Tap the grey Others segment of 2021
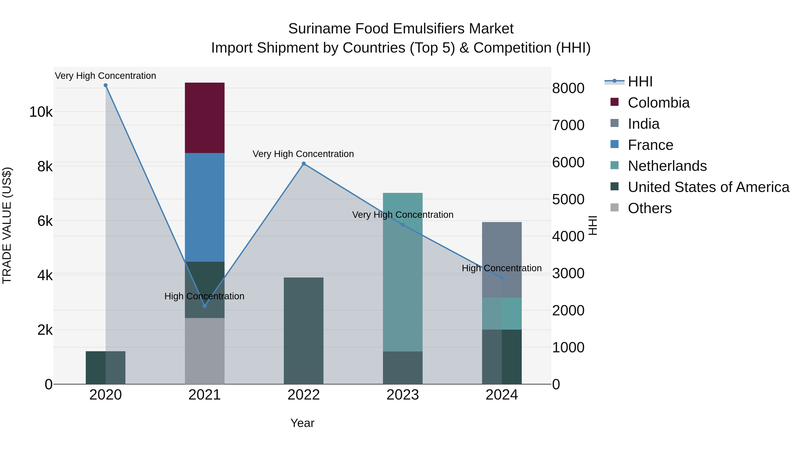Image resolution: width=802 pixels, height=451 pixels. (x=205, y=351)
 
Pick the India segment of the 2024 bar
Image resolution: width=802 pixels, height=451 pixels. (x=501, y=260)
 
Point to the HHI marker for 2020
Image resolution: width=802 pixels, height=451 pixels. (x=106, y=85)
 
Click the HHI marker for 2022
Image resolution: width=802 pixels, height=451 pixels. (x=304, y=164)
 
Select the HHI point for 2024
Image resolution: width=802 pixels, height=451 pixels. (x=501, y=278)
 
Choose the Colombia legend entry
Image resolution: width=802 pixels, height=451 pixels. (x=659, y=103)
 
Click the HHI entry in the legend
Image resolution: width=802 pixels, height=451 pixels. (x=640, y=82)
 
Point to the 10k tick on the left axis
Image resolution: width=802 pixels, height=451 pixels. (x=41, y=112)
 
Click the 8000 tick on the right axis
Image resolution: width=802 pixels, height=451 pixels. (x=568, y=88)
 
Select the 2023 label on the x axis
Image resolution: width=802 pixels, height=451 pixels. (x=403, y=395)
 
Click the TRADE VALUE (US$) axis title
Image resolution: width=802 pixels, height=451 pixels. (x=7, y=225)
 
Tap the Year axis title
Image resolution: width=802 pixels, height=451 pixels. (x=302, y=423)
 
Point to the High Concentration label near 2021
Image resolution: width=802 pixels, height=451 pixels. (x=204, y=296)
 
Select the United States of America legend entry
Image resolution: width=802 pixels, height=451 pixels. (x=708, y=187)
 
